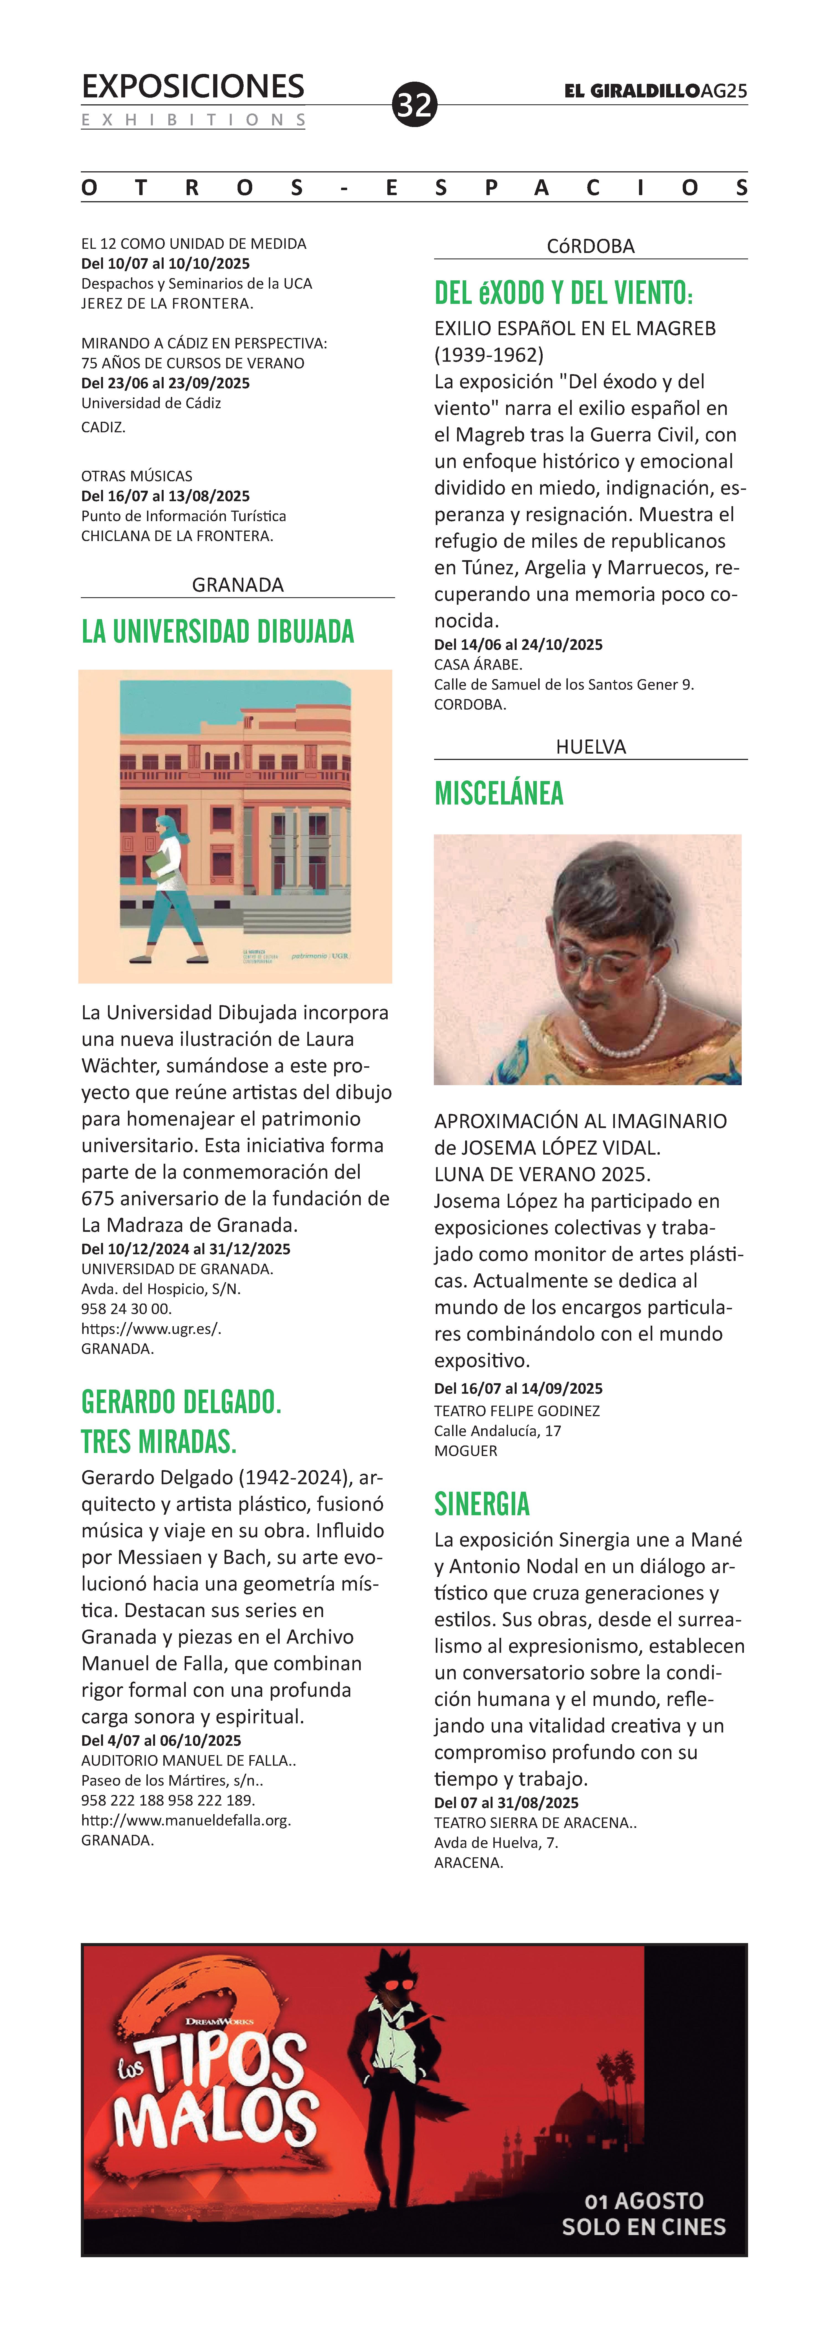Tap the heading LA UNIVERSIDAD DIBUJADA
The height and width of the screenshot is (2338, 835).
(x=218, y=632)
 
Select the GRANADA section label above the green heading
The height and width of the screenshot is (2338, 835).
(x=238, y=584)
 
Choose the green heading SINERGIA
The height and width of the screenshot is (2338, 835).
(x=482, y=1504)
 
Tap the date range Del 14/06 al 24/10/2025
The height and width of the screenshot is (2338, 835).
(x=518, y=644)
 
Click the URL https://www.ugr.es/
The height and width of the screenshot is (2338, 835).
(x=151, y=1329)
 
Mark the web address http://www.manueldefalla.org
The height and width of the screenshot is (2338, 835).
(x=186, y=1820)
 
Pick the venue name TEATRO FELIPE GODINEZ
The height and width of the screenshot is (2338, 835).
(x=516, y=1410)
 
